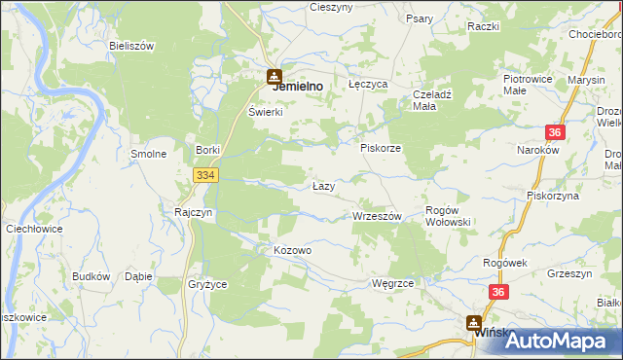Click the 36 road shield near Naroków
pos(555,133)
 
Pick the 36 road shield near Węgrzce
pos(499,291)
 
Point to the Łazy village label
pos(324,185)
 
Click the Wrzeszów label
pos(377,216)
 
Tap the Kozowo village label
pos(292,250)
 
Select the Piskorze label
pos(381,148)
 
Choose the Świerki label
pos(265,112)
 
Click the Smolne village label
pos(149,154)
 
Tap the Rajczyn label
pos(194,211)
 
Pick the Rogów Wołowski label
pos(449,216)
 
